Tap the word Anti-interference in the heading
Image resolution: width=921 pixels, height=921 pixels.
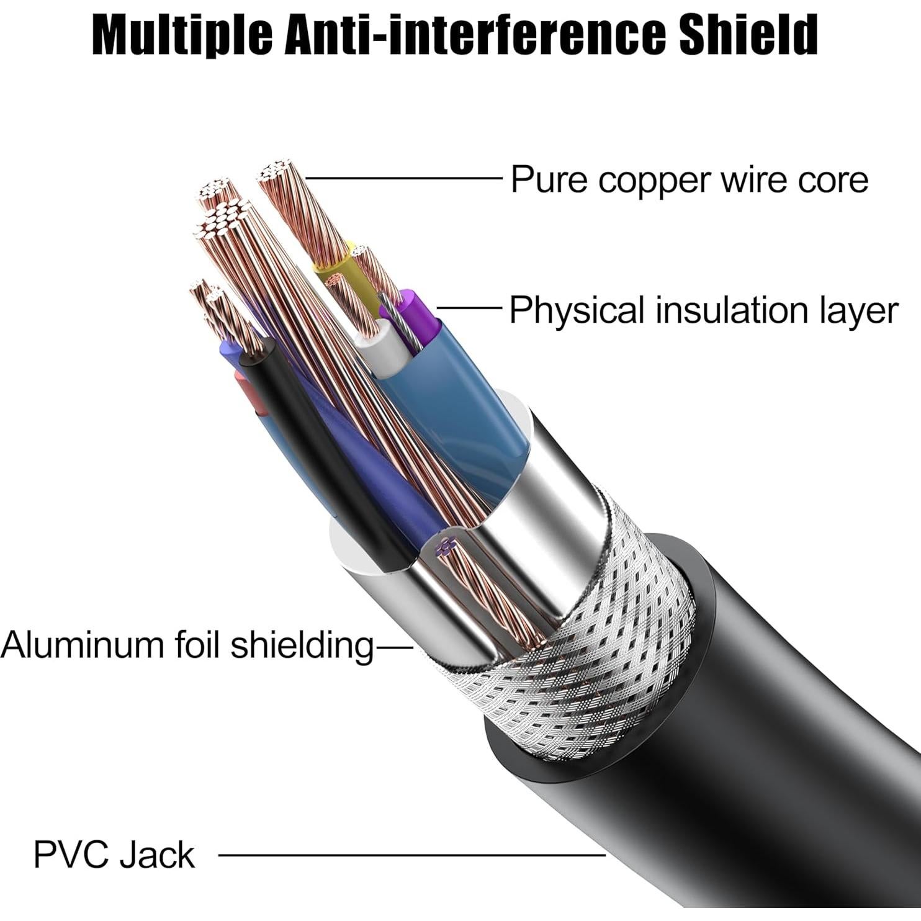[x=472, y=35]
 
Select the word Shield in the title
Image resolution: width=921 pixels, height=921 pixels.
[x=748, y=35]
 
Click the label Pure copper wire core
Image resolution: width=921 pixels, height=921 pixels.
[x=689, y=180]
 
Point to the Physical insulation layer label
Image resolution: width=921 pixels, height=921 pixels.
[x=703, y=310]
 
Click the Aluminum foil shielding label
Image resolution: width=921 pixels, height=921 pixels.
[x=186, y=645]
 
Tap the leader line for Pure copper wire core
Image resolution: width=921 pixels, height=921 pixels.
[x=403, y=179]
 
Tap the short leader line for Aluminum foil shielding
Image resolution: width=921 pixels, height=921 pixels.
[x=395, y=648]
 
